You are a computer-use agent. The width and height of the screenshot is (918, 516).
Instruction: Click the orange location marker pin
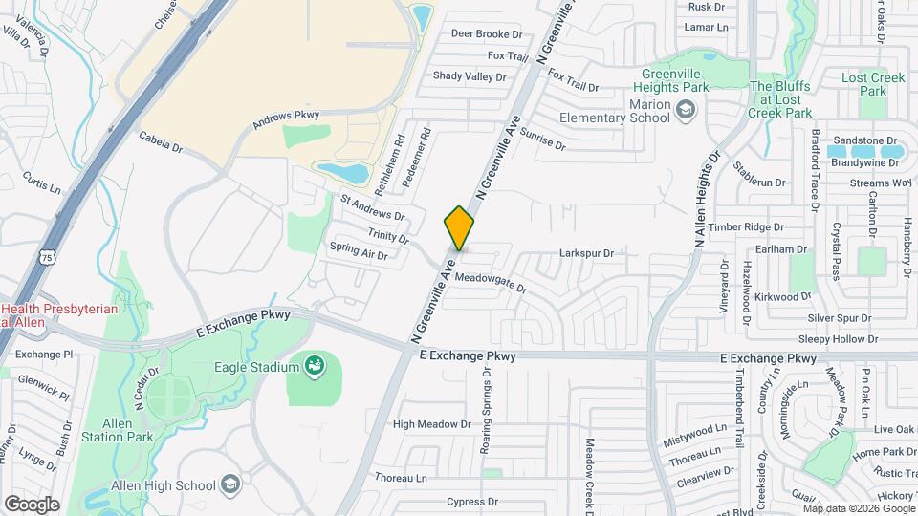459,227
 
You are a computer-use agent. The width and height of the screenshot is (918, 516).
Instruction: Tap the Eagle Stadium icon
314,365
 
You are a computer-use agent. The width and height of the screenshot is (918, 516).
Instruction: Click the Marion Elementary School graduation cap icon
685,111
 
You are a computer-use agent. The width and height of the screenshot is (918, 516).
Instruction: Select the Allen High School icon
229,485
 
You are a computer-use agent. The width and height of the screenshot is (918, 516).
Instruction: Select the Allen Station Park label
129,430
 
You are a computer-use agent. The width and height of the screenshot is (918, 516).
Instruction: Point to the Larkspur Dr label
585,253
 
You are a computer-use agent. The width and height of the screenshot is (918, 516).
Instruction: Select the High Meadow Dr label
432,424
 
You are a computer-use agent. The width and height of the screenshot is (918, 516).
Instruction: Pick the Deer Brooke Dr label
487,33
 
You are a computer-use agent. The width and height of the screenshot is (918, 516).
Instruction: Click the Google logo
32,504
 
